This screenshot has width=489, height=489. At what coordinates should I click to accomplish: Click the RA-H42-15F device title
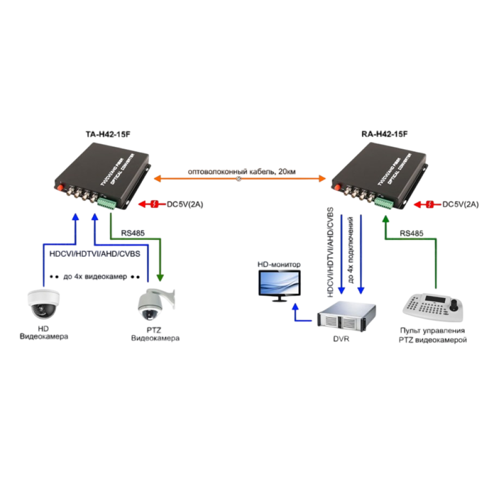click(384, 133)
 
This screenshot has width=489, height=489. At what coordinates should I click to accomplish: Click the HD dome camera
click(44, 303)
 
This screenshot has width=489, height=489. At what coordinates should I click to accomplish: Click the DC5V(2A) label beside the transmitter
click(184, 204)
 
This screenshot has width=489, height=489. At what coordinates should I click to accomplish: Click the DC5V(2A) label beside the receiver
click(460, 204)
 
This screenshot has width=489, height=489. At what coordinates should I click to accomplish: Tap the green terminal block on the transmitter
click(106, 203)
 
